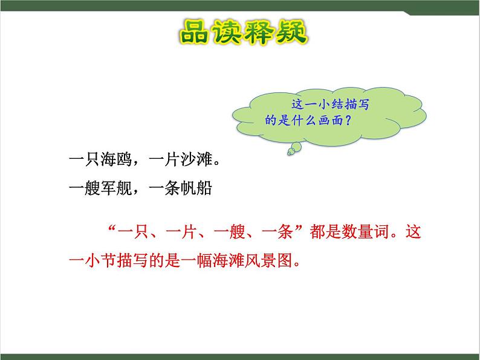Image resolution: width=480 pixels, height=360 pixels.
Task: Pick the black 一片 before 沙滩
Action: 163,161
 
